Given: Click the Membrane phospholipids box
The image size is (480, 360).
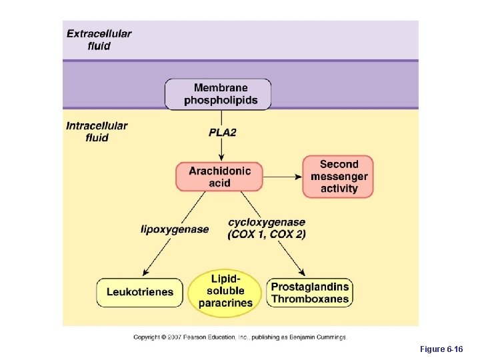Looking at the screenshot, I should (x=218, y=94).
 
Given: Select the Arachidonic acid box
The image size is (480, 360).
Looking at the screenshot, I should (x=219, y=176).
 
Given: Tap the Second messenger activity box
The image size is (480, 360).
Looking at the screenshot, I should (x=338, y=176).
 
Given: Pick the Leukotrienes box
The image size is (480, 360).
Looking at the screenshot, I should (x=139, y=292).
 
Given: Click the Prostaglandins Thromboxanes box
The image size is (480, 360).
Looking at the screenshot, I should (x=310, y=292).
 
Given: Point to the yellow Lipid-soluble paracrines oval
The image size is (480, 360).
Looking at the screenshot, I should (x=225, y=291).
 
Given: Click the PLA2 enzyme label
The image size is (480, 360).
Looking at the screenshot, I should (x=222, y=132).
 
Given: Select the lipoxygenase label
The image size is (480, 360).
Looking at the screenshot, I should (x=175, y=229).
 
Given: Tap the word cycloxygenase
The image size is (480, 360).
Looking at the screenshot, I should (x=267, y=222).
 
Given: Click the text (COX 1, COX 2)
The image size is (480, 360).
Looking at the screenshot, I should (x=267, y=235).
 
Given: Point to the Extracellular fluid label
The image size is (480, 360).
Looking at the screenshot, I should (x=99, y=39).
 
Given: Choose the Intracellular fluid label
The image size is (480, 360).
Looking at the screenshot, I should (x=97, y=131).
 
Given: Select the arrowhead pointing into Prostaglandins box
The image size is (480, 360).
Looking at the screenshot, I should (x=303, y=273).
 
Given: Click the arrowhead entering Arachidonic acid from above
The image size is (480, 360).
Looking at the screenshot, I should (x=219, y=157).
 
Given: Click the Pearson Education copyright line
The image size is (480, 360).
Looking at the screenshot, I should (x=240, y=337).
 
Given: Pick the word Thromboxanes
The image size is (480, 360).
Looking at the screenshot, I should (x=310, y=299).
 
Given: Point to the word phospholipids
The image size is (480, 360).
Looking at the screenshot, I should (x=221, y=101).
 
